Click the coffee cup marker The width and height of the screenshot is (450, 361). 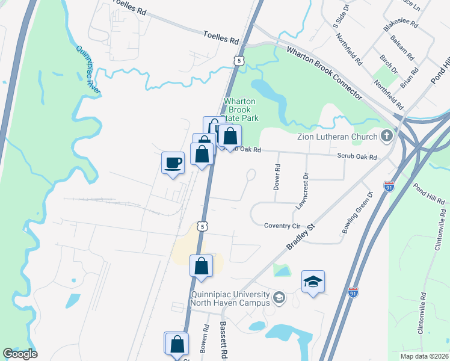click(173, 162)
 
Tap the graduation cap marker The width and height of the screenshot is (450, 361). click(313, 282)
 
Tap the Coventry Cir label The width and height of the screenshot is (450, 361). click(282, 226)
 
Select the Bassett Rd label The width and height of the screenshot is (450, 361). click(223, 340)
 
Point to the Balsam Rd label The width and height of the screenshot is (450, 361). click(402, 48)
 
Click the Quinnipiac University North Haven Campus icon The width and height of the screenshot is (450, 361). click(279, 297)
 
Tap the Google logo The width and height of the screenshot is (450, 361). click(20, 354)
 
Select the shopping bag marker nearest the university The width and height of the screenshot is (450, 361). click(202, 266)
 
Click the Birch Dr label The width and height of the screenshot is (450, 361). click(389, 65)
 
